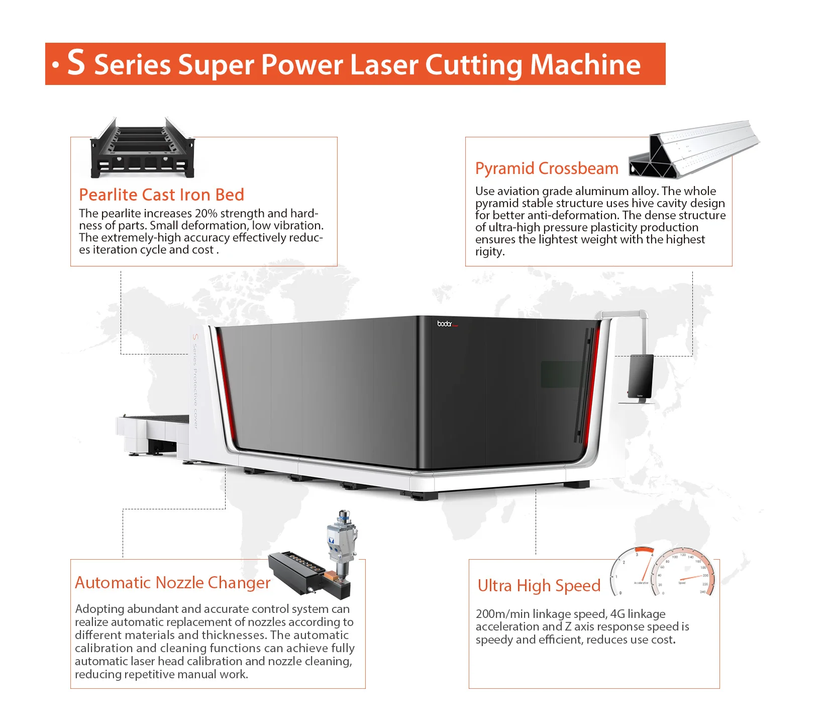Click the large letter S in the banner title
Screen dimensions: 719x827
[x=76, y=63]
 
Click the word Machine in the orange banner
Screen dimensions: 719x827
[x=585, y=65]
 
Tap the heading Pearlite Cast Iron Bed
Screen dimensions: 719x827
[x=161, y=195]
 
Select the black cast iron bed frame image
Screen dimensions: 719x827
[x=142, y=149]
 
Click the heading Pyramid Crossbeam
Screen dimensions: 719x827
[x=546, y=168]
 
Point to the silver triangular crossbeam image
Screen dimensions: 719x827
[x=693, y=149]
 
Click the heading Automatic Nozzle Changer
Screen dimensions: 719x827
[x=172, y=582]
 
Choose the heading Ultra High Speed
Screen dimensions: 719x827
[x=539, y=585]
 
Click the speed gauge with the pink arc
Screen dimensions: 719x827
[x=684, y=573]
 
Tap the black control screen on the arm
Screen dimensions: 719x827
[x=641, y=376]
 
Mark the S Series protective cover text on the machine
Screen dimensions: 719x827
[x=195, y=381]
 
